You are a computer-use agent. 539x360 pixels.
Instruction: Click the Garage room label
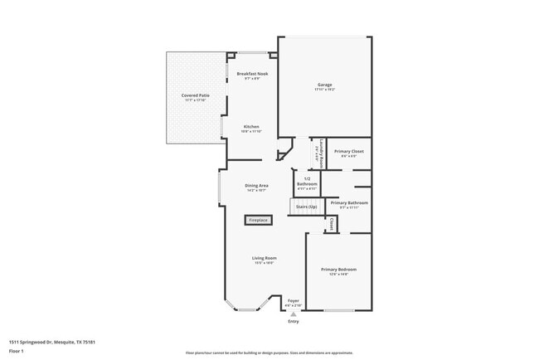pos(324,85)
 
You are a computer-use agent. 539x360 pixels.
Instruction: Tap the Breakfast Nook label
pos(252,75)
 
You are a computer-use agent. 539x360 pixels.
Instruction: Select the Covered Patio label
pos(196,96)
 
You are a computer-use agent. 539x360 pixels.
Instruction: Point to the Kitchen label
pos(251,127)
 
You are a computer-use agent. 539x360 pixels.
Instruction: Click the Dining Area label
pos(256,185)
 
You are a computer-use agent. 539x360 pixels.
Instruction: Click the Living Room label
pos(265,259)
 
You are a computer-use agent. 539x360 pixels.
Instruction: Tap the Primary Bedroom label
pos(338,270)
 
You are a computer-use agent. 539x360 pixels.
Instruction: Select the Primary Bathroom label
pos(349,203)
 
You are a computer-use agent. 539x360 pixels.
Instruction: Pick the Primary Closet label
pos(348,152)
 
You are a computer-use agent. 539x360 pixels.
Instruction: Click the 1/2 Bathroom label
pos(308,181)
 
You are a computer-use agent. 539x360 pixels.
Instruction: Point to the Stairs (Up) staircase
pos(303,206)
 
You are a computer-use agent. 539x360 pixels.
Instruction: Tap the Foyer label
pos(294,301)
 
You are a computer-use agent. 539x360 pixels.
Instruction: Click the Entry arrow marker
pos(294,313)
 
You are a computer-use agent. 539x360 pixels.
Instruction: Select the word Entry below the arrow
pos(294,322)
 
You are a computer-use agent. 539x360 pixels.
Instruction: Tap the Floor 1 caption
pos(17,351)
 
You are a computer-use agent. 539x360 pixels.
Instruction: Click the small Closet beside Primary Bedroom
pos(332,224)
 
